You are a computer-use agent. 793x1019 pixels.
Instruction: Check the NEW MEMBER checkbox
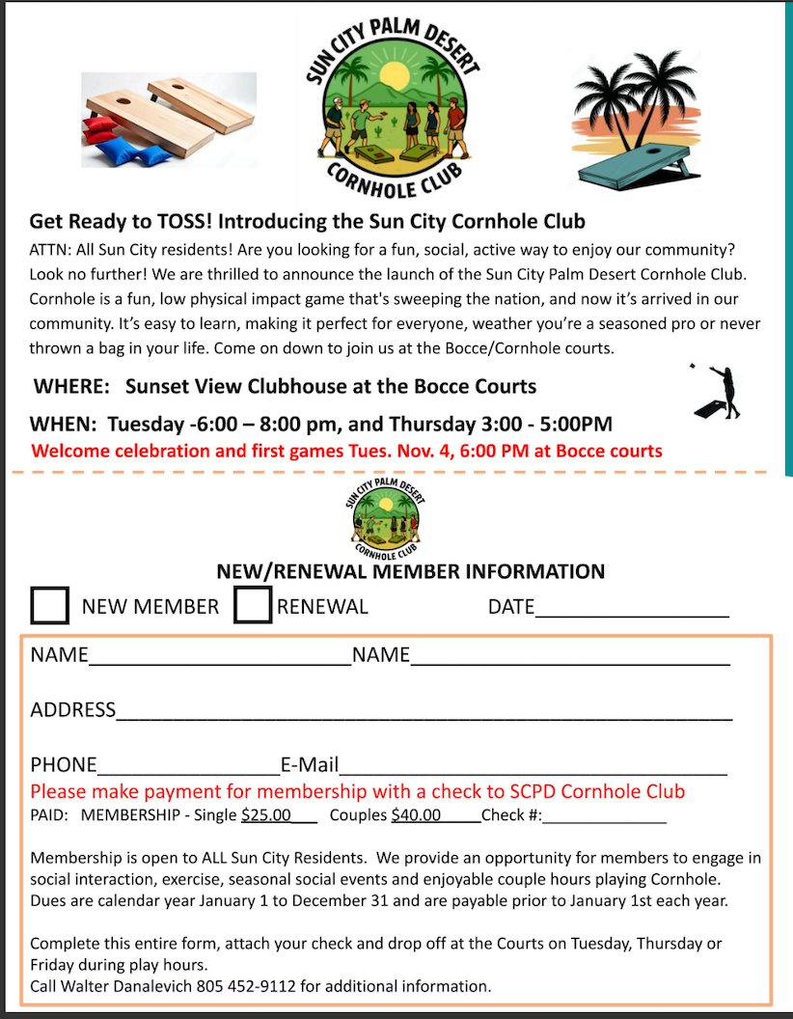[x=50, y=605]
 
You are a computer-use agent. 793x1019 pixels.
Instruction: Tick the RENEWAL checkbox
[x=253, y=605]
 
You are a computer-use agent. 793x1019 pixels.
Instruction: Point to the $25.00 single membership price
[x=266, y=815]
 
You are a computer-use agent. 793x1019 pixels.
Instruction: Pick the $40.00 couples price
[x=416, y=815]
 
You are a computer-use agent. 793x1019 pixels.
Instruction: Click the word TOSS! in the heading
[x=174, y=221]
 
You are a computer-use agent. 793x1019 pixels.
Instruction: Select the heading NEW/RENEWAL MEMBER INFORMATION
[x=411, y=571]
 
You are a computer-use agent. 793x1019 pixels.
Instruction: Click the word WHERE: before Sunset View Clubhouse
[x=70, y=386]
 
